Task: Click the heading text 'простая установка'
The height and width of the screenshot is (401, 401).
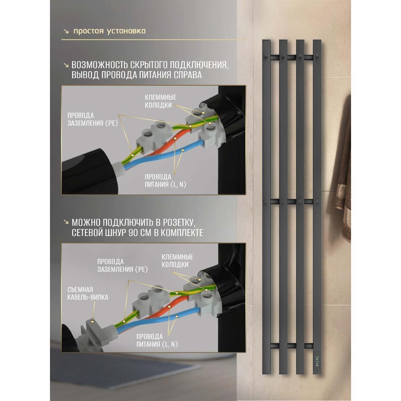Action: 110,31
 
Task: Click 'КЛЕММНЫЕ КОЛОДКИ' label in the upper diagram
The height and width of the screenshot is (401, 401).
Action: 160,101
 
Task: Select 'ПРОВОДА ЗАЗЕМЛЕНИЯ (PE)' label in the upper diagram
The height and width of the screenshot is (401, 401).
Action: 93,119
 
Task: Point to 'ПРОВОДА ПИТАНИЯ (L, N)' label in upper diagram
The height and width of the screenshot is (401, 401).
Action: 165,180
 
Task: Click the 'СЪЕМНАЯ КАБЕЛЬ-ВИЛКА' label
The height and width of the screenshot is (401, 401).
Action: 88,293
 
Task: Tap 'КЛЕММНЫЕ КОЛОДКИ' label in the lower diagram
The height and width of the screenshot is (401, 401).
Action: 177,261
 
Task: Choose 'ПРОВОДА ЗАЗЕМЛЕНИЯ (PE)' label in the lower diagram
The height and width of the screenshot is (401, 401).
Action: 122,265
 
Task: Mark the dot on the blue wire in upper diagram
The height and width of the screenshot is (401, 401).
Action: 183,150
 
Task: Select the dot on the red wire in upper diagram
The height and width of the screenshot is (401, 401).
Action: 175,138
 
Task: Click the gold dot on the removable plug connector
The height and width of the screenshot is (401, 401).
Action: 93,321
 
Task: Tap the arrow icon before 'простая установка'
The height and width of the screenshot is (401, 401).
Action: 66,31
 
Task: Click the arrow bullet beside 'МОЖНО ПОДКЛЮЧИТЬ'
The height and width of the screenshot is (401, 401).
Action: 66,222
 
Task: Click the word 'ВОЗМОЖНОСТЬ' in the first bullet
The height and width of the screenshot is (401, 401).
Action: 99,65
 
